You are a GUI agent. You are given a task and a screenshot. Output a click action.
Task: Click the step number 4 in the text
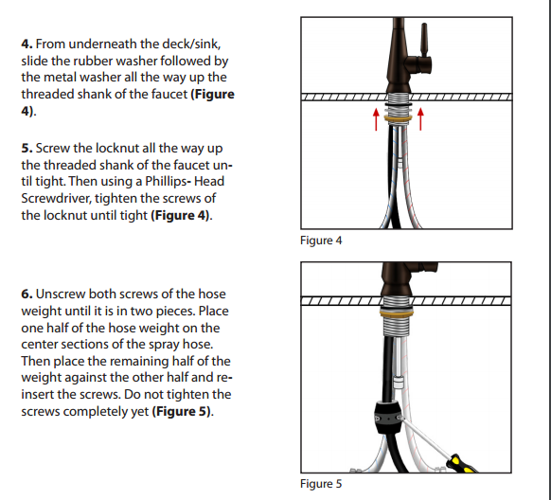click(x=27, y=45)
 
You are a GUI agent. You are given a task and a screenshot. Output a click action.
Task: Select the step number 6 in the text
click(x=27, y=295)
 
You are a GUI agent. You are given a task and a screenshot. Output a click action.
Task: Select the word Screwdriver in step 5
click(x=59, y=199)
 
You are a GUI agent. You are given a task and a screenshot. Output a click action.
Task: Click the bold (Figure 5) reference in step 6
click(x=183, y=413)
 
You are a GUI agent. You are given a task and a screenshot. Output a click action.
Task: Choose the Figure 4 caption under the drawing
click(x=321, y=241)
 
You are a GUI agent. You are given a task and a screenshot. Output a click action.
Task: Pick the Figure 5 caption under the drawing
click(x=321, y=484)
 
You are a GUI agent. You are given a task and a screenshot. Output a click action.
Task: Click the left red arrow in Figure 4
click(x=376, y=117)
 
